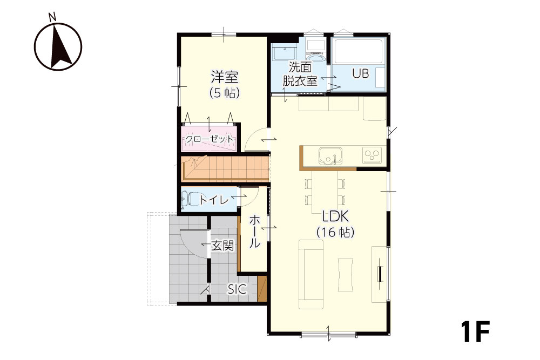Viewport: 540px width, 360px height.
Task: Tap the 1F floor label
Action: click(475, 331)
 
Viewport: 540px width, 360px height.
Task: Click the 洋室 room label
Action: click(225, 77)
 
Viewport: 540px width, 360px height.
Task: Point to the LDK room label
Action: click(335, 216)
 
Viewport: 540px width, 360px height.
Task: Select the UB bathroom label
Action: click(360, 73)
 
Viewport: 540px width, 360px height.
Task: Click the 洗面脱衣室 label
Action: click(300, 73)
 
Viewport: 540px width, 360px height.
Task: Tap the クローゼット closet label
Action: click(210, 139)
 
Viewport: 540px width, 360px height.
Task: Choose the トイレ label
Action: click(213, 200)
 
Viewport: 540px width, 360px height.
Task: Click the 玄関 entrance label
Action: click(223, 246)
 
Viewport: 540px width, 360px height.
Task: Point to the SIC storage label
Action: click(237, 289)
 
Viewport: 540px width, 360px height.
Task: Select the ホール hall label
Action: click(254, 231)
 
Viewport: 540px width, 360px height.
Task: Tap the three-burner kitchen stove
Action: click(372, 154)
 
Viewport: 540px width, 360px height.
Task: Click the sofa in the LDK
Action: click(311, 274)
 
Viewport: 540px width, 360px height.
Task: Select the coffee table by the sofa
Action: click(346, 275)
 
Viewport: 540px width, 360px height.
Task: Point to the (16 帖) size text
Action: click(335, 232)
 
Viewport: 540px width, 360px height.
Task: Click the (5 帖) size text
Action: click(225, 93)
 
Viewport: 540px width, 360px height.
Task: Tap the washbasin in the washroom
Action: click(284, 52)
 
